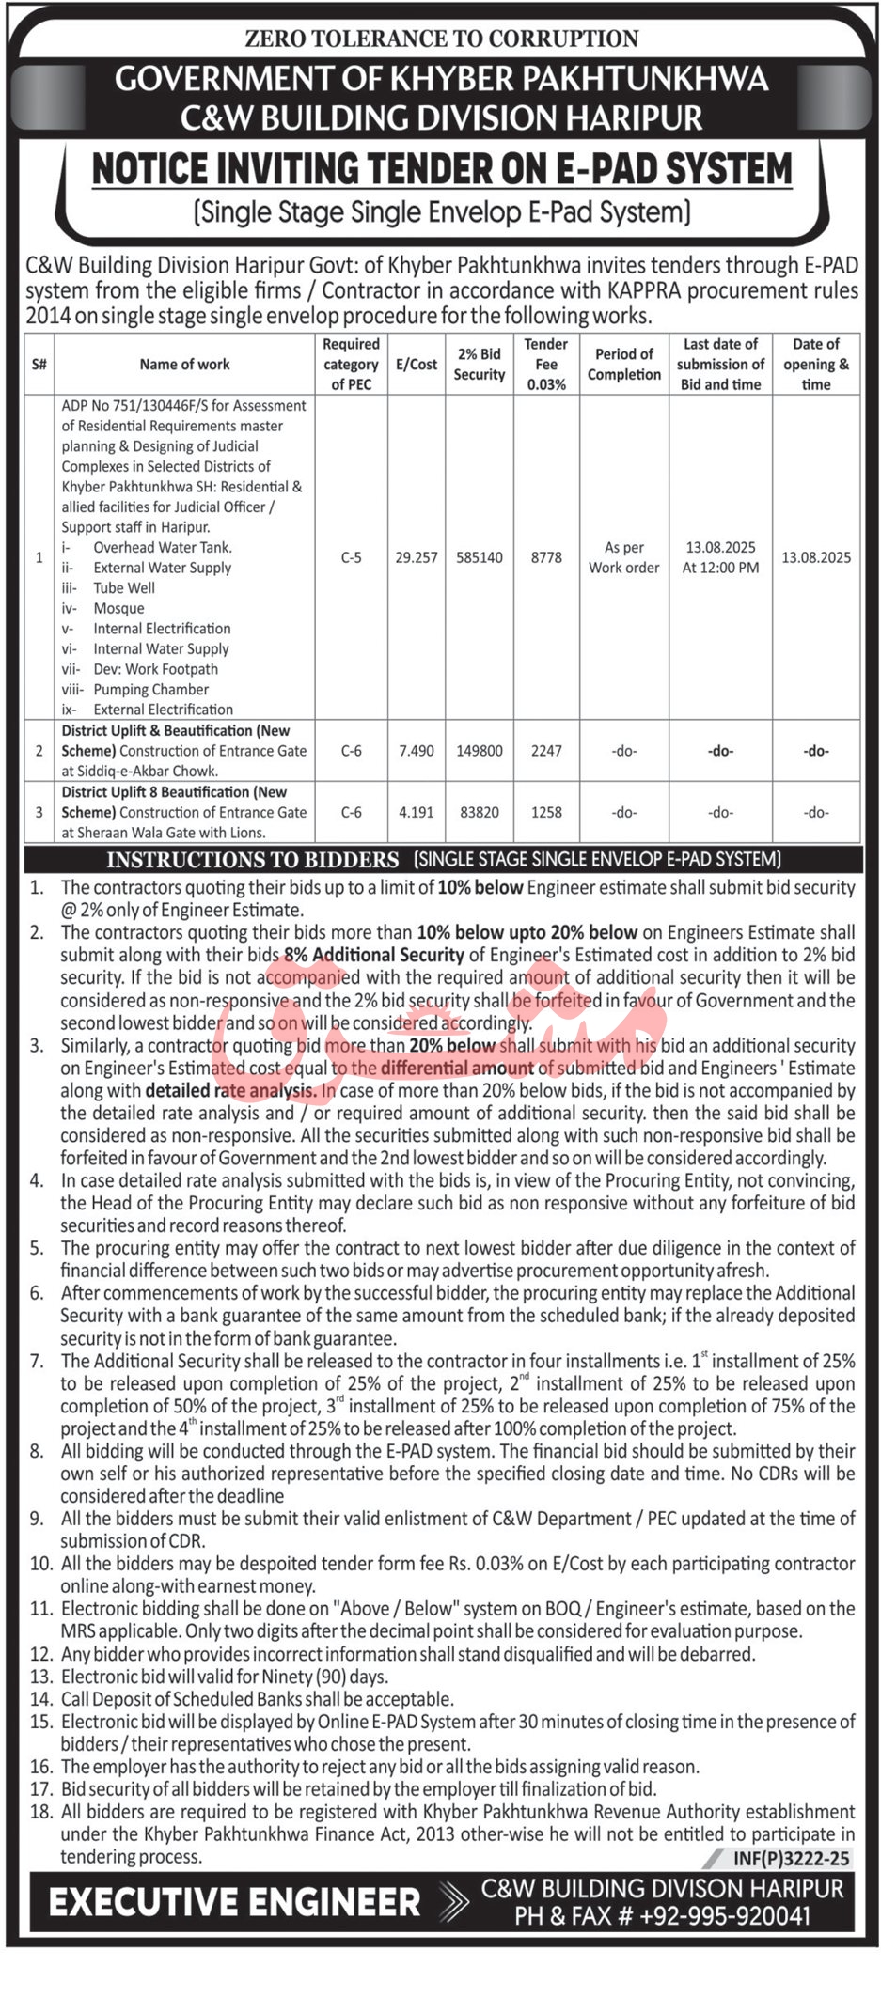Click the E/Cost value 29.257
pos(416,557)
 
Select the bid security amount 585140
pos(480,557)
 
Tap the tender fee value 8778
pos(546,557)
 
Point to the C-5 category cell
pos(351,557)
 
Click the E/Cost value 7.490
pos(416,751)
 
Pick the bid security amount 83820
pos(480,812)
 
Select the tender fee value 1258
pos(546,812)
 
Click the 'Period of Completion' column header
pos(624,365)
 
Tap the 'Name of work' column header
pos(184,365)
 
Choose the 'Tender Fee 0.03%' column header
pos(546,365)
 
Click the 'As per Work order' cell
pos(624,557)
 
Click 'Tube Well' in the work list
pos(124,588)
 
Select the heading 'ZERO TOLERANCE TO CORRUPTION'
pos(441,39)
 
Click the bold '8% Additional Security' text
pos(374,955)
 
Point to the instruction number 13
pos(40,1677)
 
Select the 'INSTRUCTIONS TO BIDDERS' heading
pos(253,860)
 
